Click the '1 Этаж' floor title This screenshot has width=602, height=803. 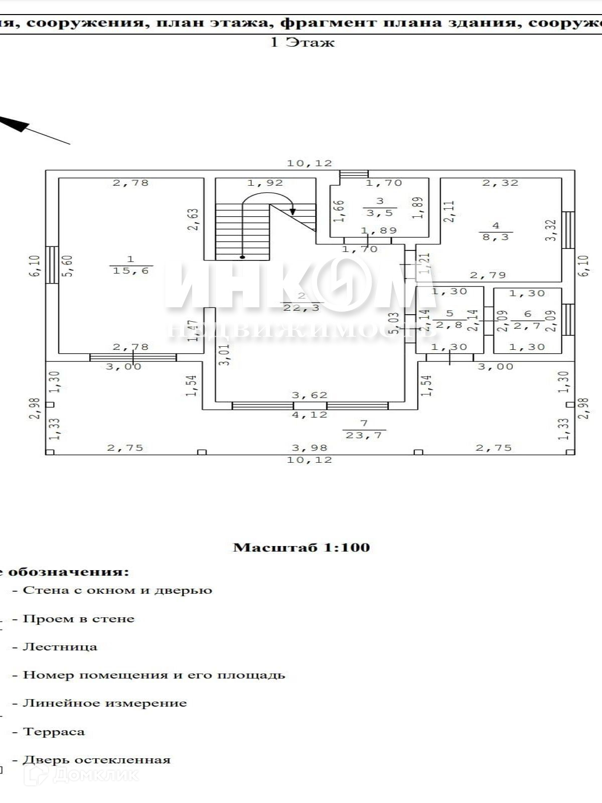(x=302, y=42)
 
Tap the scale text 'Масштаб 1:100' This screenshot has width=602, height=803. (x=302, y=547)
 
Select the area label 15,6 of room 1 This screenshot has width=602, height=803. (x=131, y=271)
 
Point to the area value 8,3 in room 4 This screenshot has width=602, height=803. (x=496, y=236)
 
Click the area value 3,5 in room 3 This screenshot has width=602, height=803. (x=380, y=213)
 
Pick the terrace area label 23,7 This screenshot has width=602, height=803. (x=364, y=435)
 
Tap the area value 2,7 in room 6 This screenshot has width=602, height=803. (x=527, y=326)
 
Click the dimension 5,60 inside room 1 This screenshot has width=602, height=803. (x=68, y=265)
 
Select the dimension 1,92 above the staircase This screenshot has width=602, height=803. (x=265, y=183)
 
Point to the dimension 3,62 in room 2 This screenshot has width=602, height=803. (x=310, y=395)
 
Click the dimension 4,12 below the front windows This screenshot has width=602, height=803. (x=310, y=415)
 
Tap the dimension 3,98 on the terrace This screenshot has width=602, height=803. (x=310, y=448)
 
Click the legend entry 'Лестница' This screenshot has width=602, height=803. (x=60, y=646)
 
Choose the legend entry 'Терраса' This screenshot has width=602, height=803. (x=54, y=732)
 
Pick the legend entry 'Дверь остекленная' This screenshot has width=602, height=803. (x=96, y=760)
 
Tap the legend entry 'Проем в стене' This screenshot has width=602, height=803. (x=78, y=619)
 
